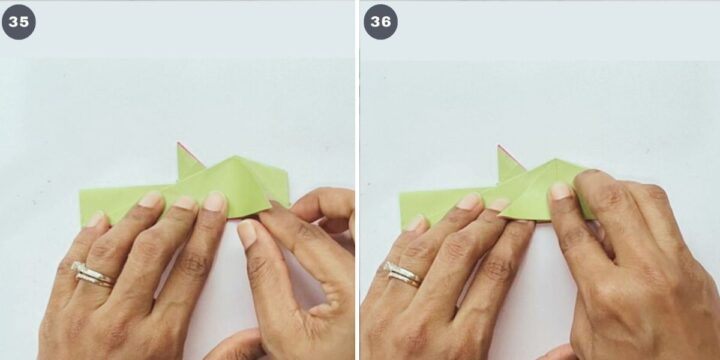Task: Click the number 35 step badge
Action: coord(18,22)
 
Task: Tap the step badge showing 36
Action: coord(381,22)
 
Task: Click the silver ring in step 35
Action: coord(92,274)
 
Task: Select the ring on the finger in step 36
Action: coord(404,274)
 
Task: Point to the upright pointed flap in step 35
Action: coord(188,163)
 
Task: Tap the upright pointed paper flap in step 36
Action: coord(509,165)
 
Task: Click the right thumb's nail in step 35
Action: coord(248,233)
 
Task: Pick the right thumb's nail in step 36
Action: coord(560,191)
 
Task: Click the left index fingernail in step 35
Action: coord(215,201)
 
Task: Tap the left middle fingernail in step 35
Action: coord(185,202)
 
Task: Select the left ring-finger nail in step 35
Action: coord(151,199)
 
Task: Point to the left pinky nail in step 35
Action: coord(96,219)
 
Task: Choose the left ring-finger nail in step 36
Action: coord(469,201)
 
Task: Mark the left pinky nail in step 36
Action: coord(415,223)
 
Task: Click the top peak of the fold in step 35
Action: coord(236,157)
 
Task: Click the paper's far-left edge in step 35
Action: coord(80,207)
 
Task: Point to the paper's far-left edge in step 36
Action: coord(401,210)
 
